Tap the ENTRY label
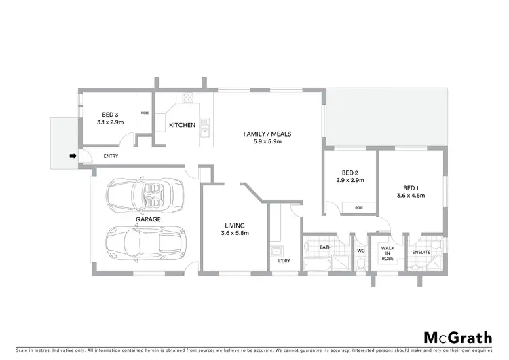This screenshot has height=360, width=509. click(x=111, y=156)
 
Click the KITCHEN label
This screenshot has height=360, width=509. click(x=182, y=125)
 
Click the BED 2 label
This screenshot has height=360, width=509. click(x=350, y=173)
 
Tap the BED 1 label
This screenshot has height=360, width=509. click(x=411, y=187)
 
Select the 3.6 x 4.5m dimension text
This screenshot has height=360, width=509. click(x=411, y=196)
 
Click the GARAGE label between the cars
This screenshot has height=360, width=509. click(x=147, y=219)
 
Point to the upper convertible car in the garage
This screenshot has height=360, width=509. click(x=145, y=194)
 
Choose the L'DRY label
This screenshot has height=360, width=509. click(x=284, y=260)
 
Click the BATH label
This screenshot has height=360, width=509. click(x=325, y=247)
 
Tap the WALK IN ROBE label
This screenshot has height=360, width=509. click(x=388, y=253)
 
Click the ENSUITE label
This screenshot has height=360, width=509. click(x=421, y=253)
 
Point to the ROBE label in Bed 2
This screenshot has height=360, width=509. click(x=358, y=207)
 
